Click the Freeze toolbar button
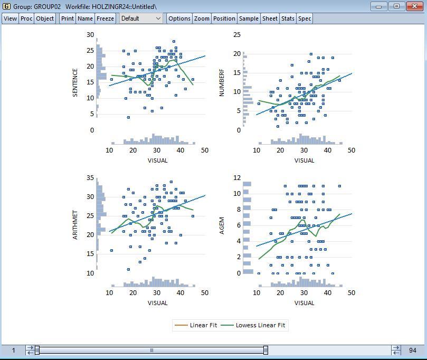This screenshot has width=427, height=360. (105, 18)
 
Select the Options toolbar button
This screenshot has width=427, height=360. (179, 18)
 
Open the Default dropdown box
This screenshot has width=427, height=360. (141, 18)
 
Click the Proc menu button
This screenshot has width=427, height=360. (26, 18)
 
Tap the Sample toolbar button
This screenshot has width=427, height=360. (248, 18)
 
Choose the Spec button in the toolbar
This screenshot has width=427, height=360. (305, 18)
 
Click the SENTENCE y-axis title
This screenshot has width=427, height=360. (75, 82)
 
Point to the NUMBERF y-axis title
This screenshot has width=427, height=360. (222, 82)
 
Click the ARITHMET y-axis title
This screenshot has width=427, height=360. (75, 225)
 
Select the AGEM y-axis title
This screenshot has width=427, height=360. (222, 225)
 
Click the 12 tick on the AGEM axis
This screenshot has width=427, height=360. (238, 178)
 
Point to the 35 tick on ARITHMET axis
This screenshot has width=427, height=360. (90, 178)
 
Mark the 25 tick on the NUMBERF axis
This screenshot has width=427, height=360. (238, 35)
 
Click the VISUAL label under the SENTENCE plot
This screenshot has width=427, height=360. (157, 160)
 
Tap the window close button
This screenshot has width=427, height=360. (414, 6)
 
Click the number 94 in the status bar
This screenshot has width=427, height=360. (412, 350)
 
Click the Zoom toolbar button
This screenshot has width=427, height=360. (202, 18)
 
